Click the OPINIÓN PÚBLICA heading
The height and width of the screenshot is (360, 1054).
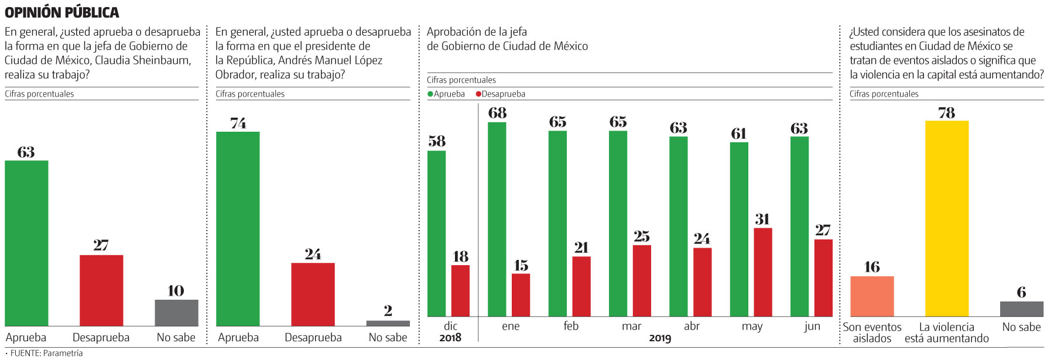pyautogui.click(x=61, y=12)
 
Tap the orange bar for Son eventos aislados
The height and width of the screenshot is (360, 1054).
pyautogui.click(x=872, y=296)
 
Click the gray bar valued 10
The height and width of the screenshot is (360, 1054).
pyautogui.click(x=176, y=313)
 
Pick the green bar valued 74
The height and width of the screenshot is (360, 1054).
pyautogui.click(x=238, y=228)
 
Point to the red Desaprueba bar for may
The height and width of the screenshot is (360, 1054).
pyautogui.click(x=762, y=272)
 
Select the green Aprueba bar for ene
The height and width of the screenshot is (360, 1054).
pyautogui.click(x=497, y=220)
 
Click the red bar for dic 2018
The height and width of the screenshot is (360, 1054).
pyautogui.click(x=460, y=291)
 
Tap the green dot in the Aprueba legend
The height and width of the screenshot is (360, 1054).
pyautogui.click(x=430, y=94)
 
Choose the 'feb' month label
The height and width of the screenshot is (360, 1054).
pyautogui.click(x=571, y=326)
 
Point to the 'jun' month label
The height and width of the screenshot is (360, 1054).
pyautogui.click(x=812, y=326)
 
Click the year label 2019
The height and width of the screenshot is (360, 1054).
pyautogui.click(x=660, y=338)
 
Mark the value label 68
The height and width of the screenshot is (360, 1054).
pyautogui.click(x=497, y=113)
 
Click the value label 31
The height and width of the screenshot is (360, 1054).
pyautogui.click(x=762, y=220)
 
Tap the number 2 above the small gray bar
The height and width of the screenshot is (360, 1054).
pyautogui.click(x=388, y=311)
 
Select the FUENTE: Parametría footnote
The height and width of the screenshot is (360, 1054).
pyautogui.click(x=46, y=353)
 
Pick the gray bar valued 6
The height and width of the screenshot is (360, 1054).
pyautogui.click(x=1021, y=309)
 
